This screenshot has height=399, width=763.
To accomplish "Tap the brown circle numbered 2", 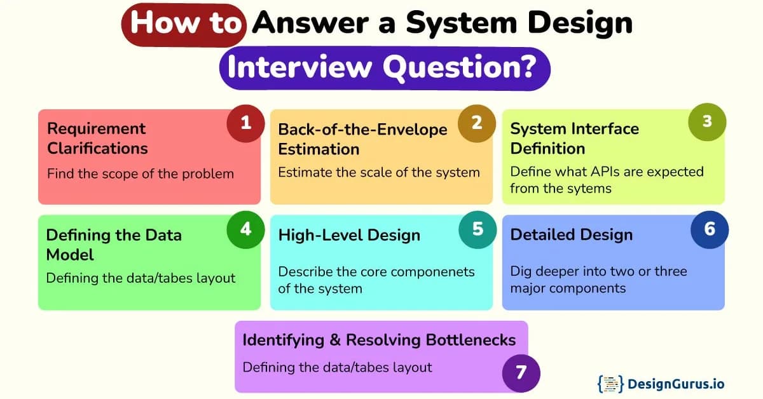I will pyautogui.click(x=478, y=123).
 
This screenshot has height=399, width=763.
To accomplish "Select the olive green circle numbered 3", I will pyautogui.click(x=707, y=122).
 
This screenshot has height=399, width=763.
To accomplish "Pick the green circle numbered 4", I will pyautogui.click(x=245, y=229).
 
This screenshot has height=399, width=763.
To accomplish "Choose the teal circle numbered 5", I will pyautogui.click(x=478, y=229).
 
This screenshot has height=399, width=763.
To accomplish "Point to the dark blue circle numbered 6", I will pyautogui.click(x=710, y=229).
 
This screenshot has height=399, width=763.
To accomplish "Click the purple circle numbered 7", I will pyautogui.click(x=521, y=372).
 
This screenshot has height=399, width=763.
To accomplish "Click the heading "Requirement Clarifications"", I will pyautogui.click(x=97, y=139).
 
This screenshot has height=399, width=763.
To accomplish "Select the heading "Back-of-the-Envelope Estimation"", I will pyautogui.click(x=362, y=139).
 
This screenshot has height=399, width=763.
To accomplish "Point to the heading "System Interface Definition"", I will pyautogui.click(x=574, y=139).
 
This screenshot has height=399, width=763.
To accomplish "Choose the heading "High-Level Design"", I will pyautogui.click(x=349, y=235).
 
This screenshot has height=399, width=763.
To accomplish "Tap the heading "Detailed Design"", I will pyautogui.click(x=571, y=235).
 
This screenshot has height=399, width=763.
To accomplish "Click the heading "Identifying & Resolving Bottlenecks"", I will pyautogui.click(x=379, y=340).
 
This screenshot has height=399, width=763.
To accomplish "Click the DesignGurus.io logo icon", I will pyautogui.click(x=610, y=384).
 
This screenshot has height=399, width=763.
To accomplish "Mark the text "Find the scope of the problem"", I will pyautogui.click(x=141, y=173).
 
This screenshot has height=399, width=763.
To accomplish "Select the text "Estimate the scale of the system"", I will pyautogui.click(x=379, y=172).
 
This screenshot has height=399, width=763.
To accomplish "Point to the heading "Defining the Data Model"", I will pyautogui.click(x=114, y=245).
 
